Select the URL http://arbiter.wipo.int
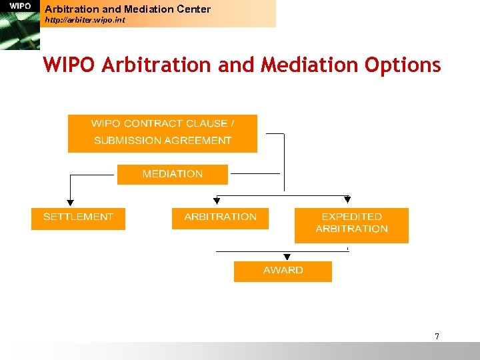(x=84, y=21)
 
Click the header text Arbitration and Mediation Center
(x=127, y=9)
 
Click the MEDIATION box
(x=173, y=174)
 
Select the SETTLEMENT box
(x=78, y=218)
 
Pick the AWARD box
(x=283, y=271)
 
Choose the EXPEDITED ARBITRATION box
(x=351, y=225)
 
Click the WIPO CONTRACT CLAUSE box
(x=163, y=133)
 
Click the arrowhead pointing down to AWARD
(x=286, y=257)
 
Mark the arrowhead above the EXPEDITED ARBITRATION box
(x=347, y=199)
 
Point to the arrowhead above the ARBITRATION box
(x=216, y=199)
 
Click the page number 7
(x=437, y=336)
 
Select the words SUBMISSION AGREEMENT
(x=163, y=141)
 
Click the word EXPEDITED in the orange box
(x=351, y=217)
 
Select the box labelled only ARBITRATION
(x=220, y=218)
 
